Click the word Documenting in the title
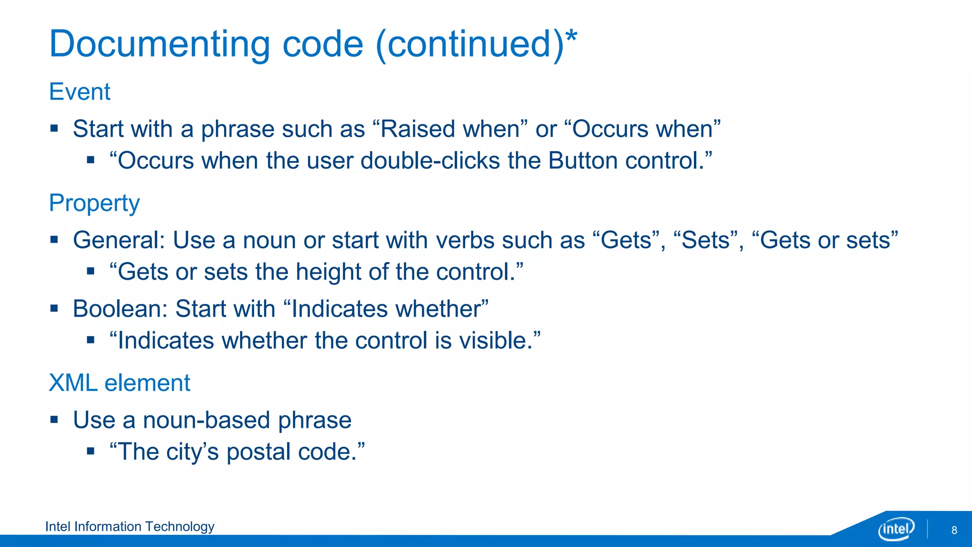pos(159,44)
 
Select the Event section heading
pos(80,91)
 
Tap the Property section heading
pos(94,203)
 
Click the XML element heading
pos(120,383)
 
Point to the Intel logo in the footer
pos(896,528)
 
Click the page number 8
pos(954,530)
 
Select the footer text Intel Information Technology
pos(130,526)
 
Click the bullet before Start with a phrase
pos(54,129)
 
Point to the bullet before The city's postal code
pos(91,451)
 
